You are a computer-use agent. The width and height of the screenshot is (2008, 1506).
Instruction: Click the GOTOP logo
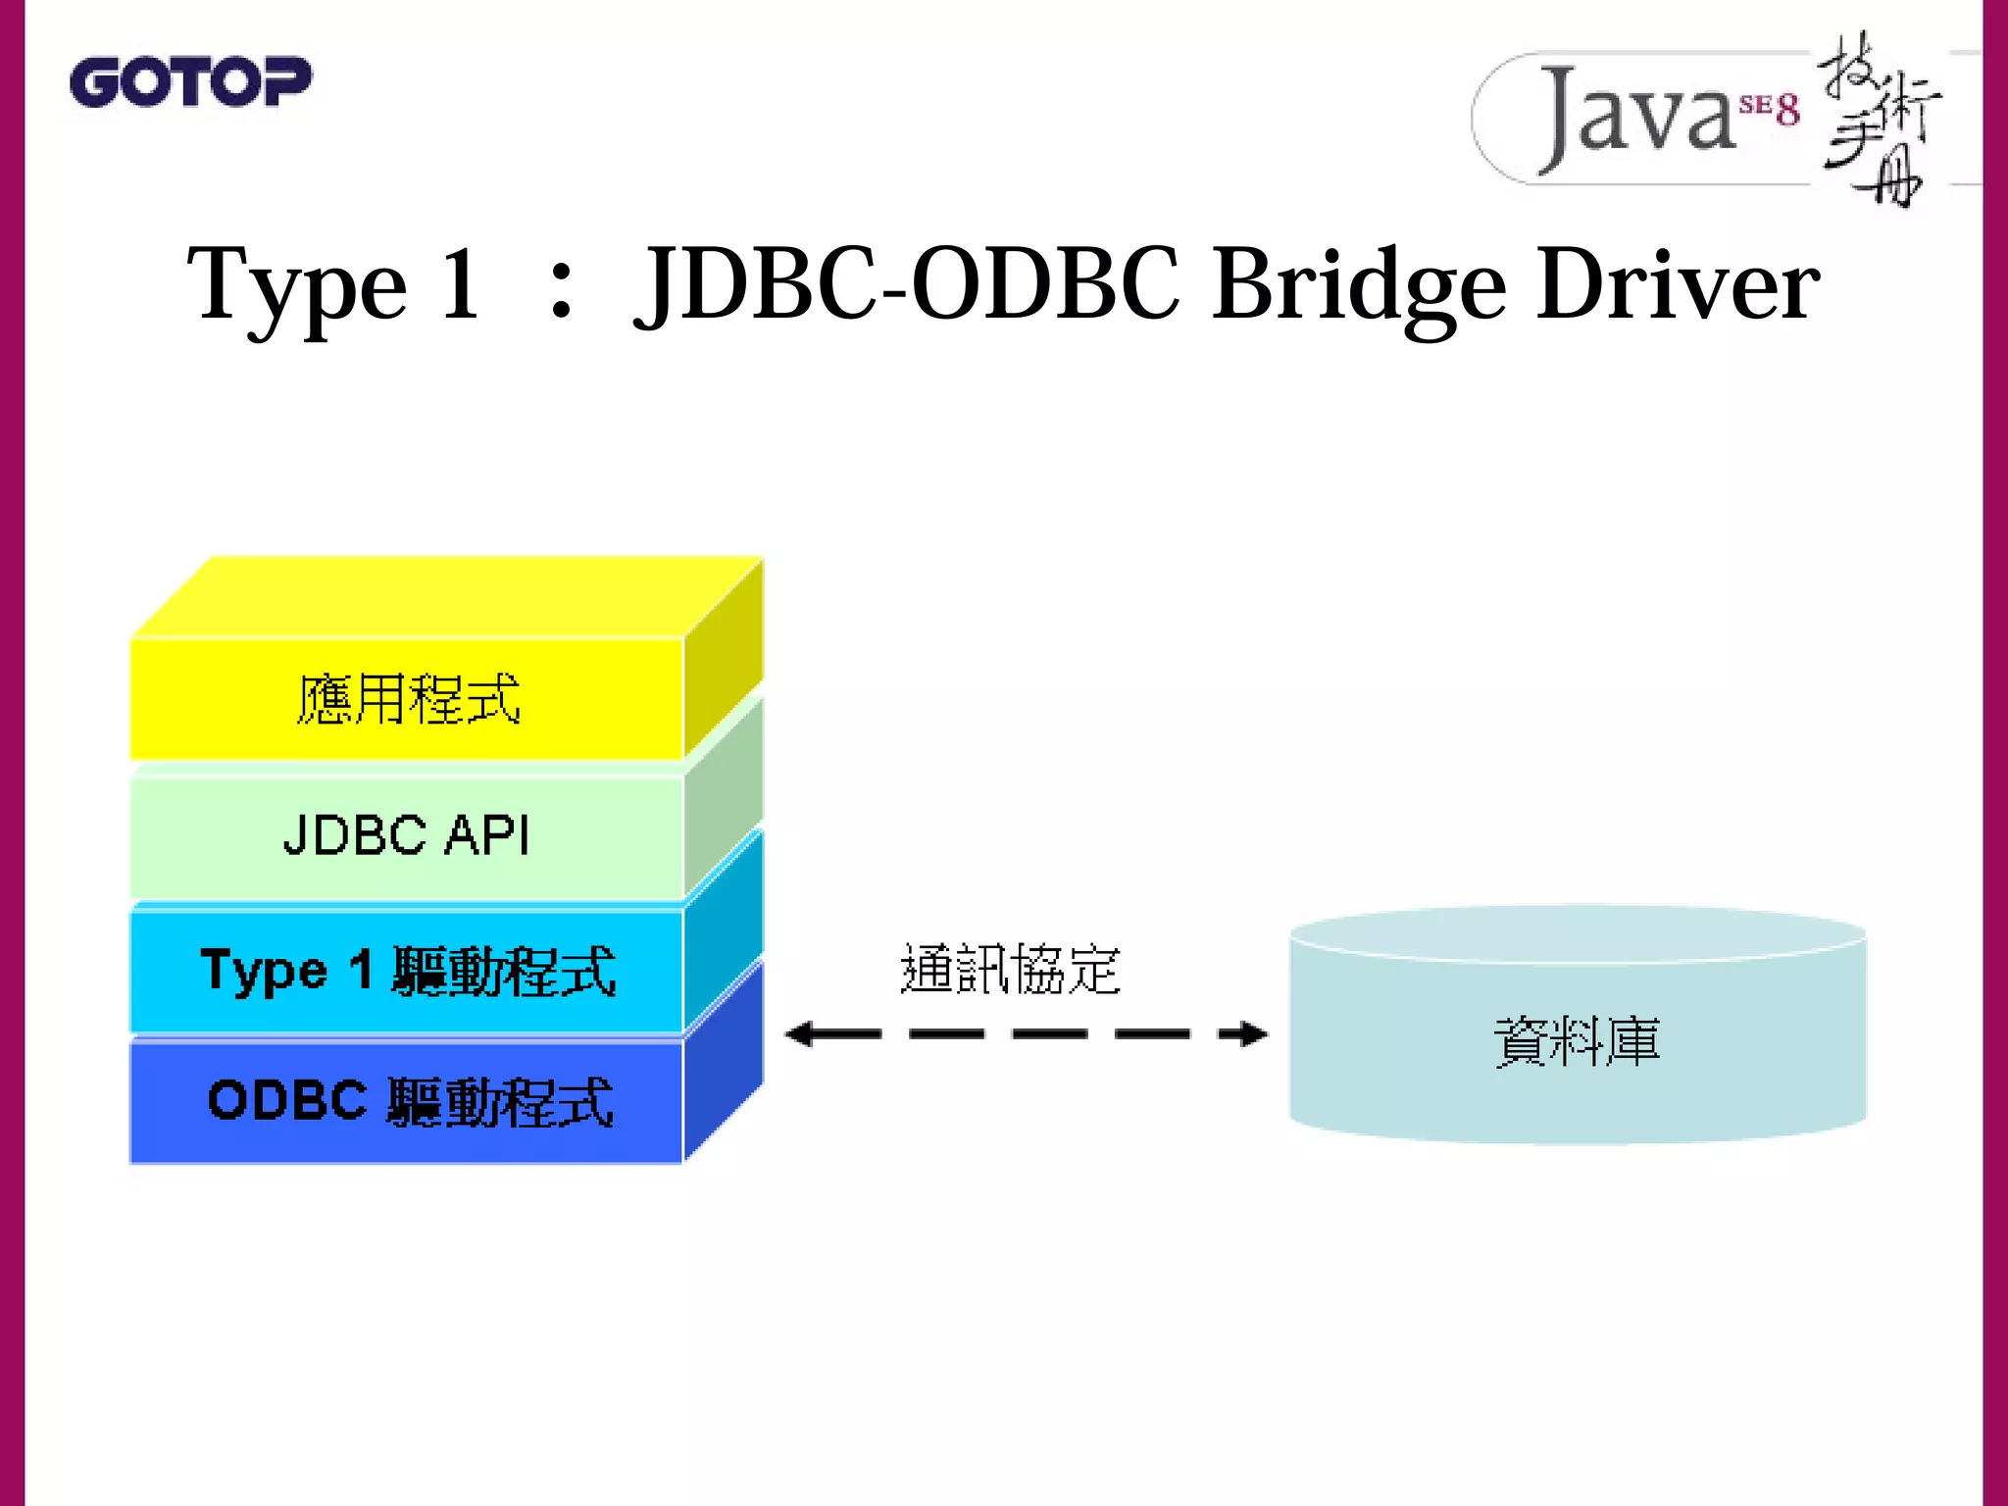coord(190,82)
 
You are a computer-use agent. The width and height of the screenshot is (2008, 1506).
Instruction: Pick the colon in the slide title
coord(561,292)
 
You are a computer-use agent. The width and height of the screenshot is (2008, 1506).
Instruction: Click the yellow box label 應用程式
coord(408,699)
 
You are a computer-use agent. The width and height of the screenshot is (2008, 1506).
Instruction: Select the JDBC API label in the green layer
coord(406,835)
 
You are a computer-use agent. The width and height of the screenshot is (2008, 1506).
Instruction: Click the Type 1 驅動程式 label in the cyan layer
coord(408,971)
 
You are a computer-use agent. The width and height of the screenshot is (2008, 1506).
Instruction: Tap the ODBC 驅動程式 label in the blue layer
coord(410,1100)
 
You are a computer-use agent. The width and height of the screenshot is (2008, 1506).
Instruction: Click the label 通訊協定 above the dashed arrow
coord(1010,969)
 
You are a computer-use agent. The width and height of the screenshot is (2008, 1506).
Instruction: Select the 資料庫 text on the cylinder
coord(1577,1041)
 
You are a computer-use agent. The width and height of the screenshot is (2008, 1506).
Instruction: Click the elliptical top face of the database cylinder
coord(1577,930)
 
